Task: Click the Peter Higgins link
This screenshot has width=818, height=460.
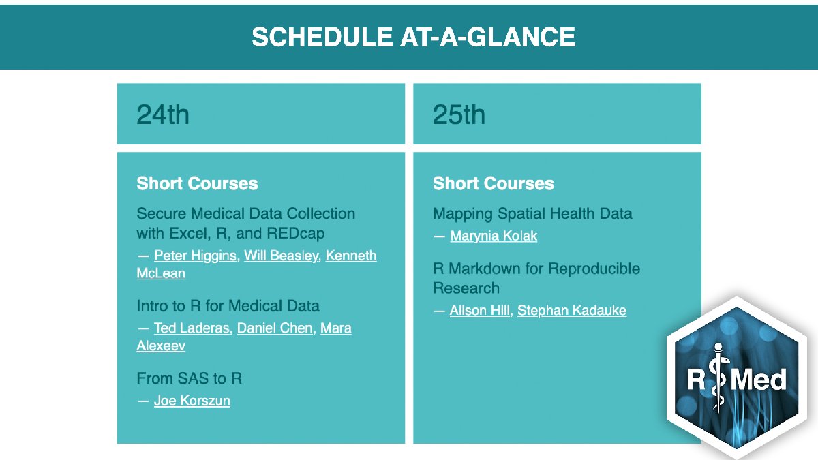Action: click(x=195, y=256)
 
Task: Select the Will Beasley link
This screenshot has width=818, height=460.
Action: click(x=282, y=256)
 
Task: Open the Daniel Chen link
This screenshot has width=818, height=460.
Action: click(x=275, y=328)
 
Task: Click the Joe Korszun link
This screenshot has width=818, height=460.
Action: click(x=192, y=400)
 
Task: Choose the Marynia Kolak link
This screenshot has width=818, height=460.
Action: click(x=494, y=236)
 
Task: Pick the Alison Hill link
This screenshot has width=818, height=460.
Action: click(x=480, y=310)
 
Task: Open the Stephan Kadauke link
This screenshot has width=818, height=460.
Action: click(x=571, y=310)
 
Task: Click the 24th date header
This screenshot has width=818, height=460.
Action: click(x=163, y=114)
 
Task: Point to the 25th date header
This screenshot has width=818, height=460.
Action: click(x=459, y=114)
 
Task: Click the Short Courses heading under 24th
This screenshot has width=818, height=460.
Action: click(x=197, y=183)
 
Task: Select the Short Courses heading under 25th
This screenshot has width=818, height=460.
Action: click(x=493, y=183)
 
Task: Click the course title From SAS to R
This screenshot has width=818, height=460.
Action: click(x=189, y=378)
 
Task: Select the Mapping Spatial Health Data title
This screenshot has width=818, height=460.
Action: click(x=532, y=213)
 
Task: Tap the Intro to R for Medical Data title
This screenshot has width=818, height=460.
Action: click(x=228, y=305)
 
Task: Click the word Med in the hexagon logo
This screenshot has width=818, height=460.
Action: click(x=758, y=379)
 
